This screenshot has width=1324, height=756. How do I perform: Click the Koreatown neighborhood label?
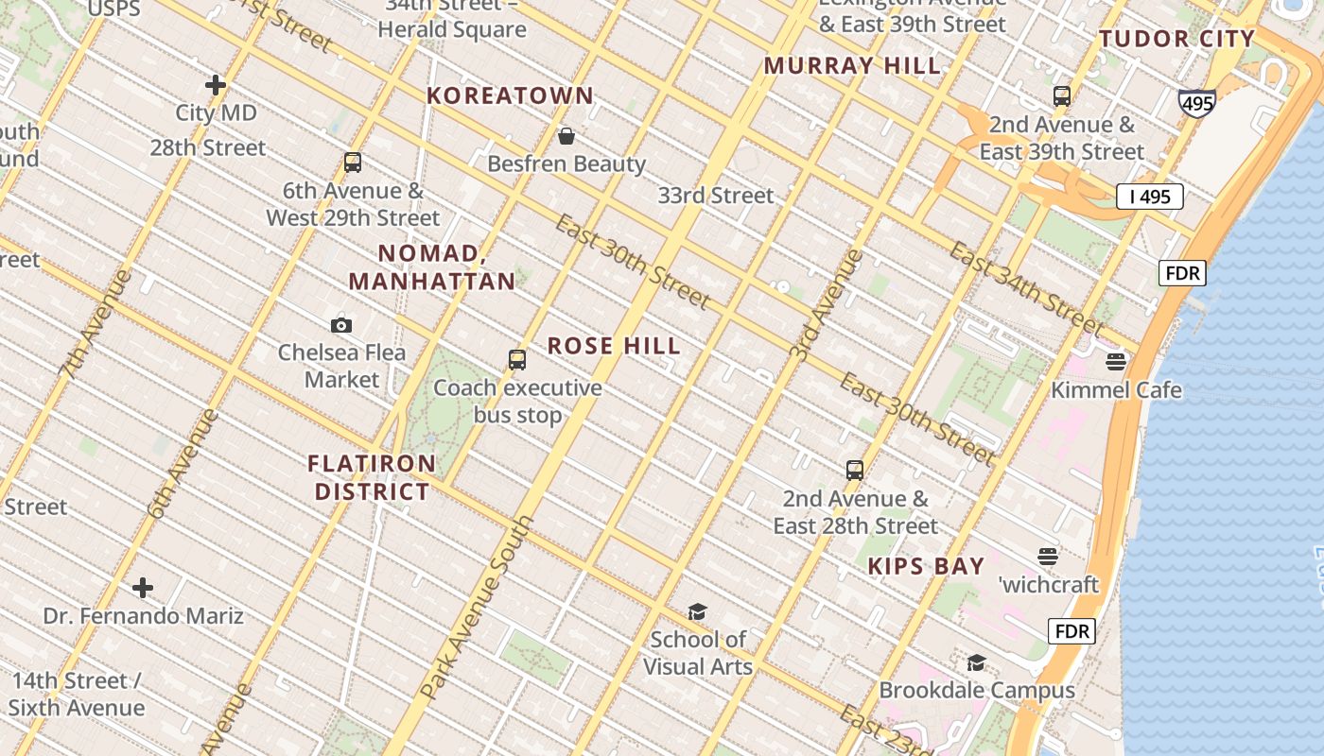(510, 95)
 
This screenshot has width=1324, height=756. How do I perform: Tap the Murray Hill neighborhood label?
(852, 66)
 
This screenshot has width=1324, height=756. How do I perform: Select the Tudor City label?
(1176, 39)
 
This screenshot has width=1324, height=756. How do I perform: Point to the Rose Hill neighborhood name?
(614, 346)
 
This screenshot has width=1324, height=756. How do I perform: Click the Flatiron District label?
(373, 477)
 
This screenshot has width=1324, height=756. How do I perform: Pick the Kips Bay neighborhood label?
(926, 566)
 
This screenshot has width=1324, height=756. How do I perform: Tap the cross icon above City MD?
(216, 85)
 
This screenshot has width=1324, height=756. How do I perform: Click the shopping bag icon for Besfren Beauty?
(566, 137)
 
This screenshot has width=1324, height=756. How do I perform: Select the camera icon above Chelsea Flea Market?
(341, 325)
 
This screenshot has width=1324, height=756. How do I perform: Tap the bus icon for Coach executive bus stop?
(516, 360)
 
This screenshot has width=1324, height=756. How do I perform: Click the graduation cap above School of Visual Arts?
(697, 612)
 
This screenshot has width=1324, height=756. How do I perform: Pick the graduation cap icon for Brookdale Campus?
(976, 662)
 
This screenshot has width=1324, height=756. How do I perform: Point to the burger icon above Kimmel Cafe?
(1116, 362)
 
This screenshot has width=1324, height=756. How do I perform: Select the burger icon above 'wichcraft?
(1047, 557)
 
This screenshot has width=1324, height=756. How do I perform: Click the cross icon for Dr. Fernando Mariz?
(143, 589)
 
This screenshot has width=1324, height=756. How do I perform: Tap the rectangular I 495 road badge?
(1149, 197)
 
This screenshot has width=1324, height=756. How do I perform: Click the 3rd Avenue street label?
(827, 303)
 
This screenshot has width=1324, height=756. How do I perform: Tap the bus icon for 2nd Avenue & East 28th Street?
(855, 470)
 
